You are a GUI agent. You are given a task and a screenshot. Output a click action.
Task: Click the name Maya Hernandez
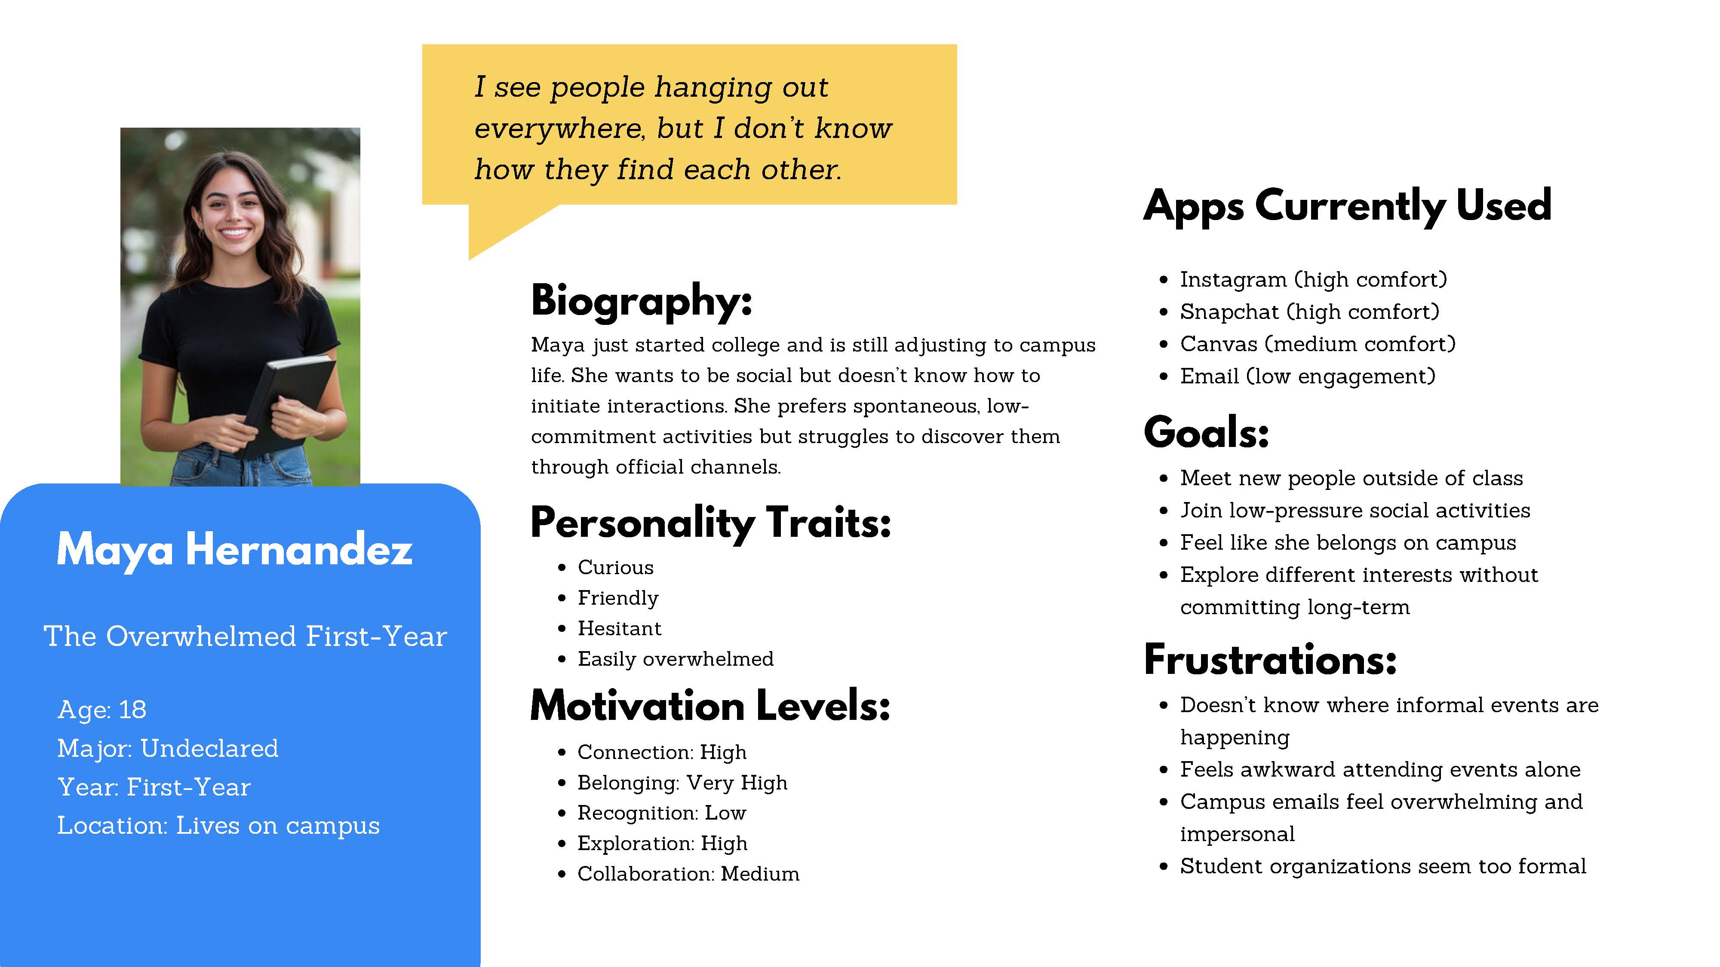[x=234, y=550]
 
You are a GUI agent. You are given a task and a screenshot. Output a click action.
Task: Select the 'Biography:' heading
[x=642, y=301]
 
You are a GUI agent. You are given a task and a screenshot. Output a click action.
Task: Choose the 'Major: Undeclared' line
[x=168, y=748]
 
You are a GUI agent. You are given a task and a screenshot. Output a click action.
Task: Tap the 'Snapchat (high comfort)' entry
[x=1309, y=312]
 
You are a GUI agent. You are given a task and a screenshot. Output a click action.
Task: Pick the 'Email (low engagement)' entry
[x=1307, y=376]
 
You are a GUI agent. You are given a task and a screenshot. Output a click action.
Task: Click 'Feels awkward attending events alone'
[x=1380, y=769]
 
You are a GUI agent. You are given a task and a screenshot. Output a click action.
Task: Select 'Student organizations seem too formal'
[x=1383, y=866]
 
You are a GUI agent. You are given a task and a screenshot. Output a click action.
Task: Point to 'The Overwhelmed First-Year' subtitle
[x=245, y=636]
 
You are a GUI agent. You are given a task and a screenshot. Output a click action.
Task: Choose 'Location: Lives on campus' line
[x=218, y=826]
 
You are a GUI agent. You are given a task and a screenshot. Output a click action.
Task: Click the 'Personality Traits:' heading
[x=711, y=523]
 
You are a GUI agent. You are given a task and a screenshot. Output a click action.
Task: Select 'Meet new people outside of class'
[x=1351, y=478]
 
